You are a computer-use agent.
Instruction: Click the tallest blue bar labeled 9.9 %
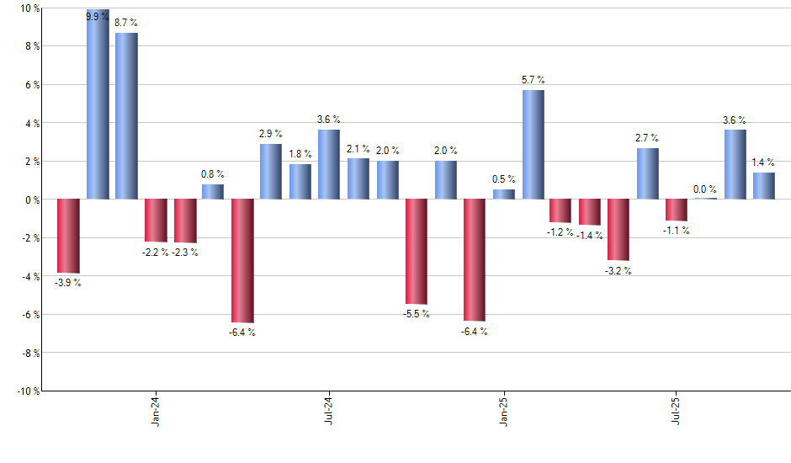click(98, 104)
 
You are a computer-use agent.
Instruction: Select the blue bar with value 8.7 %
click(126, 116)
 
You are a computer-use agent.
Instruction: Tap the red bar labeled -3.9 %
click(68, 237)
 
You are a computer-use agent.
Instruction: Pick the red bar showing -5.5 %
click(417, 252)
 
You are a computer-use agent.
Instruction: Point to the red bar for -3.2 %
click(618, 230)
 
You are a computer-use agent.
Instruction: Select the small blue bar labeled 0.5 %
click(504, 194)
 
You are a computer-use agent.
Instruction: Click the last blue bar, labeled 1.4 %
click(764, 186)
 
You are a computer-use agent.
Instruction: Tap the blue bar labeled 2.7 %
click(648, 173)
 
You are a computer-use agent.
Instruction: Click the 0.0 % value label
click(705, 189)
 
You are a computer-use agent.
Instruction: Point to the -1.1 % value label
click(677, 231)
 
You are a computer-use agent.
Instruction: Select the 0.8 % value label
click(213, 174)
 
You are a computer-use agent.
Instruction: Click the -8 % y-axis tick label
click(29, 354)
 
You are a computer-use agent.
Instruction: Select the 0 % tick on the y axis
click(32, 200)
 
